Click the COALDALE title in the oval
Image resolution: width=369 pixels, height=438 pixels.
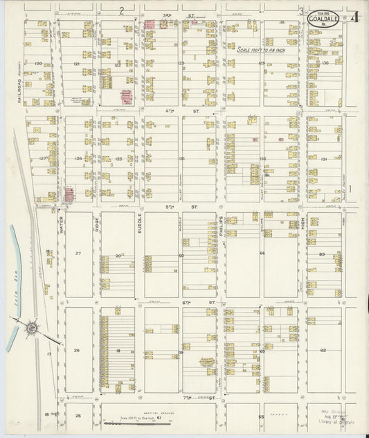tap(324, 20)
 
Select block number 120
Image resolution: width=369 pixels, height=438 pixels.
tap(39, 64)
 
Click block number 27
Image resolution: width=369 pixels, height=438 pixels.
tap(78, 254)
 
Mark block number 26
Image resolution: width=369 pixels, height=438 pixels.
tap(78, 350)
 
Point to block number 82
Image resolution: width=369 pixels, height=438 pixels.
tap(323, 350)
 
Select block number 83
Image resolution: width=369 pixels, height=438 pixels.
tap(323, 255)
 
